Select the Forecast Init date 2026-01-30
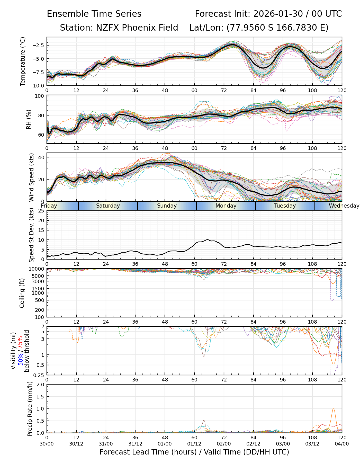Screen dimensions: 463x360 click(278, 14)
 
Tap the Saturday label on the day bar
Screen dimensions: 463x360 click(108, 206)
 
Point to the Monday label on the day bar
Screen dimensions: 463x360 click(226, 206)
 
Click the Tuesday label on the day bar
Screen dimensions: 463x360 click(285, 206)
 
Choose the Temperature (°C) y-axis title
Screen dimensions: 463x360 click(23, 61)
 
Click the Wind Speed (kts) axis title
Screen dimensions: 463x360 click(31, 177)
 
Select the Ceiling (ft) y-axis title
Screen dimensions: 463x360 click(22, 293)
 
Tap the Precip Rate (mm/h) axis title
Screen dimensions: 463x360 click(30, 409)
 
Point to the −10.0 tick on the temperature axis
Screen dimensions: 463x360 click(38, 85)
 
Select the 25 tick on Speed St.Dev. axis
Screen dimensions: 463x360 click(41, 211)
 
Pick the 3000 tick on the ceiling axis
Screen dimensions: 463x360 click(39, 281)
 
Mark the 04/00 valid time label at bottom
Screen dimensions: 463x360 click(342, 444)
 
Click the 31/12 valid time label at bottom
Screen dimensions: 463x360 click(135, 444)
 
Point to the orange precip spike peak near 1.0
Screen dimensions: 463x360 click(334, 408)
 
